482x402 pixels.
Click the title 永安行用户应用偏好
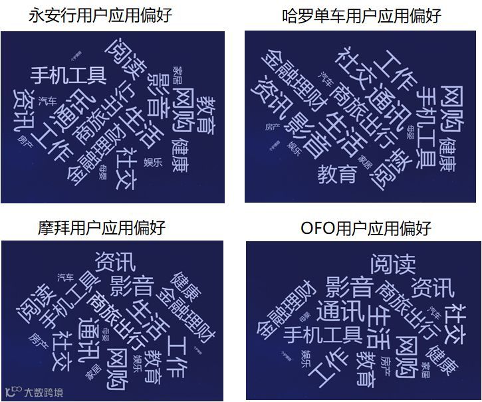100,15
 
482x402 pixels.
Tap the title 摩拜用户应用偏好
100,228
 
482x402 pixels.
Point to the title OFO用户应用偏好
366,228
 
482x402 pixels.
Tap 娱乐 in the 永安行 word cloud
153,163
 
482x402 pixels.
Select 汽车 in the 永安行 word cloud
47,100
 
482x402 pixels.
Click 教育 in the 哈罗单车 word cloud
337,174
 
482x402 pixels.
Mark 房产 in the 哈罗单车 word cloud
273,126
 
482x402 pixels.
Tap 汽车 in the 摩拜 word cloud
66,276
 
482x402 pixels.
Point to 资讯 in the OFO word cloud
432,288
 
